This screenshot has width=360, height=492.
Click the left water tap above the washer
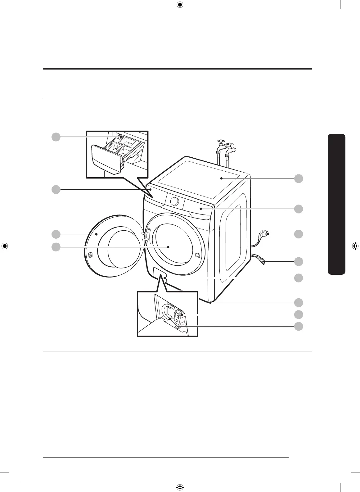(221, 146)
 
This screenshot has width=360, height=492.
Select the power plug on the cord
(264, 233)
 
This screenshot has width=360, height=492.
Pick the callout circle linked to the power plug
(299, 234)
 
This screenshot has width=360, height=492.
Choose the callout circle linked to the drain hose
(299, 262)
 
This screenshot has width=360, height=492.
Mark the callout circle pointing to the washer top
(299, 178)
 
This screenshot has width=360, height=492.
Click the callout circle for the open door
(56, 234)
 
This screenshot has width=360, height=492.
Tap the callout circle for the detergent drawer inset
(56, 137)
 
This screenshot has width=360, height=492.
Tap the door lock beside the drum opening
(198, 255)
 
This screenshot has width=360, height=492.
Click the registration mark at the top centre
(179, 5)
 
